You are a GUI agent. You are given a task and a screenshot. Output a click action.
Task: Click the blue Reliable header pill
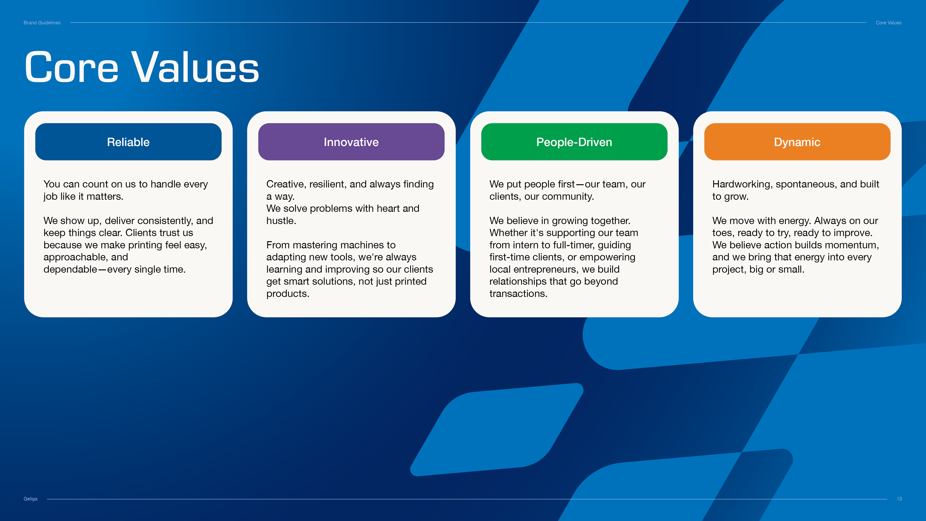[128, 142]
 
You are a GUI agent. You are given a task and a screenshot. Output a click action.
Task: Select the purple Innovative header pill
[351, 142]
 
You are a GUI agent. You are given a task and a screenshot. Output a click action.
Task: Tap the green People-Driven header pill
[574, 142]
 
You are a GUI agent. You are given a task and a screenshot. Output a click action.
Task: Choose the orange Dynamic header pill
[797, 142]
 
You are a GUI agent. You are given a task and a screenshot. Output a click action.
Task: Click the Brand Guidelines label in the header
[42, 23]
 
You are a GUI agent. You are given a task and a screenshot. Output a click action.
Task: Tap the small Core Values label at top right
[889, 23]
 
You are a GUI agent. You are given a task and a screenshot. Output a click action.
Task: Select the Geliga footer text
[31, 499]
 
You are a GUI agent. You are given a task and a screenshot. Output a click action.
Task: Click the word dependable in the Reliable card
[70, 269]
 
